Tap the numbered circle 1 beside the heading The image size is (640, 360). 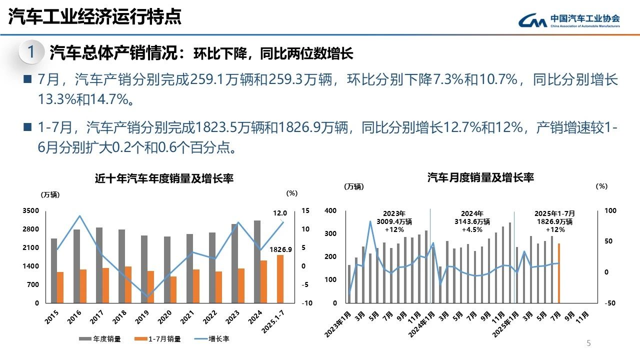click(31, 52)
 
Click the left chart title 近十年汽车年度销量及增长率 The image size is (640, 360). click(164, 178)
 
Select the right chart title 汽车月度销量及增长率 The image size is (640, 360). click(480, 177)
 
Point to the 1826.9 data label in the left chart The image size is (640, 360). click(280, 249)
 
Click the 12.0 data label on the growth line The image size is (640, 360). click(280, 213)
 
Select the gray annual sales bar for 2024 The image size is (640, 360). click(257, 261)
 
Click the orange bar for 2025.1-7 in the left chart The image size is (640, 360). click(279, 279)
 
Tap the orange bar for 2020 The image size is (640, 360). click(173, 289)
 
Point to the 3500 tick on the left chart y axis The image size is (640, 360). click(30, 211)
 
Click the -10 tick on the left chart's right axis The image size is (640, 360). click(307, 303)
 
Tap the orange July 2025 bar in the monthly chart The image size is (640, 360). click(558, 273)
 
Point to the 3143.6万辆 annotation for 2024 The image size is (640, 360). click(472, 221)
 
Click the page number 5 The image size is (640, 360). click(588, 343)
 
